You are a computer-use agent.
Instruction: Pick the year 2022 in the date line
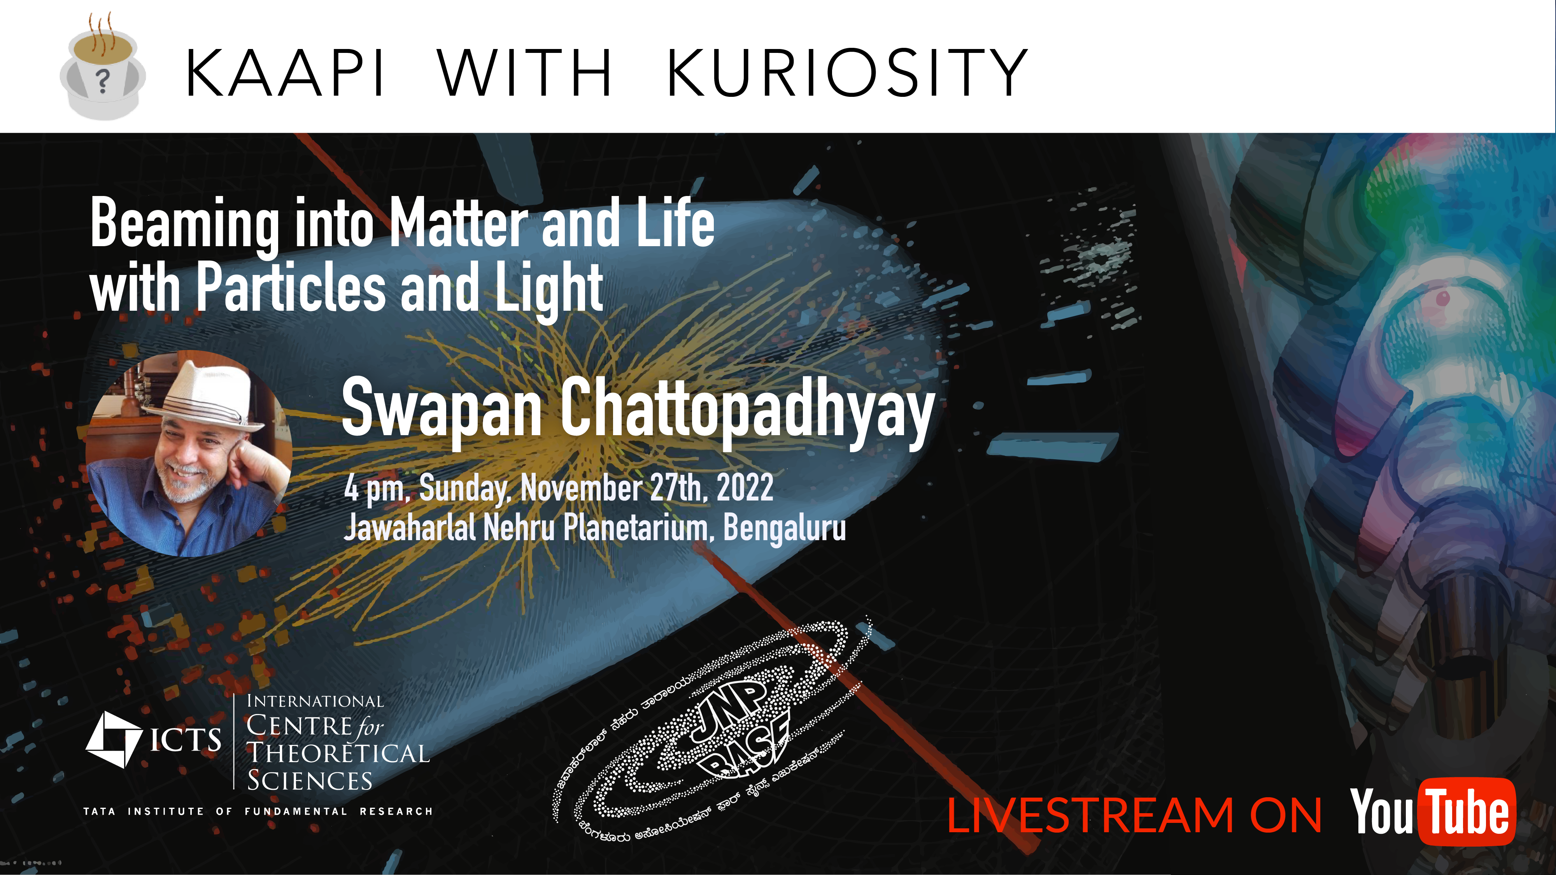click(x=745, y=488)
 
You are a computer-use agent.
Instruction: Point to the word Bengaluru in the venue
click(x=785, y=529)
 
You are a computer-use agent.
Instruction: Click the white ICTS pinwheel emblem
click(x=114, y=739)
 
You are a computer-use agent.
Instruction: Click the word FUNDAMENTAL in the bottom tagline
click(x=296, y=811)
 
